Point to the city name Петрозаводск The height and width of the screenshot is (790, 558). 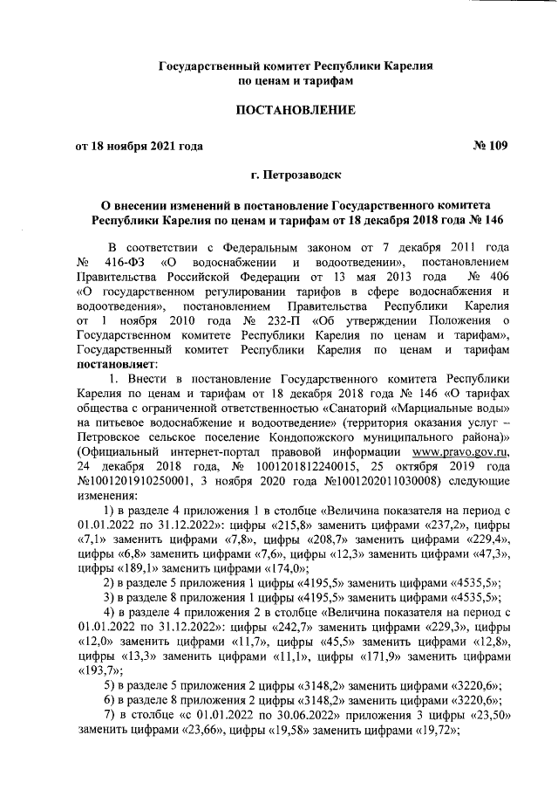295,176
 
